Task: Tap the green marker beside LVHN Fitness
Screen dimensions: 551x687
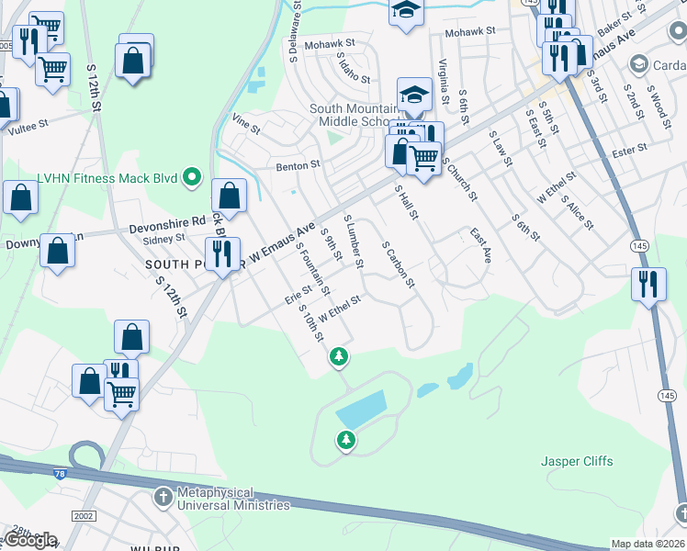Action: tap(192, 176)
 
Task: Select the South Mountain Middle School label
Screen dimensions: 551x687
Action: tap(350, 115)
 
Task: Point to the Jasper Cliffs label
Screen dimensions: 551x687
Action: tap(577, 461)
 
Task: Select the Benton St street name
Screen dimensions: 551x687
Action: tap(298, 166)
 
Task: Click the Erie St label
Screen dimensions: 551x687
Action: tap(299, 292)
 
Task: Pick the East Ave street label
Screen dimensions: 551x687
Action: tap(480, 245)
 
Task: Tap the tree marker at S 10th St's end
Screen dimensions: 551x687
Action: tap(340, 354)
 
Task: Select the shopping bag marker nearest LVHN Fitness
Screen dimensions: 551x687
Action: tap(229, 196)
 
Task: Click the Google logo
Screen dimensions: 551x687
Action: tap(30, 540)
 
